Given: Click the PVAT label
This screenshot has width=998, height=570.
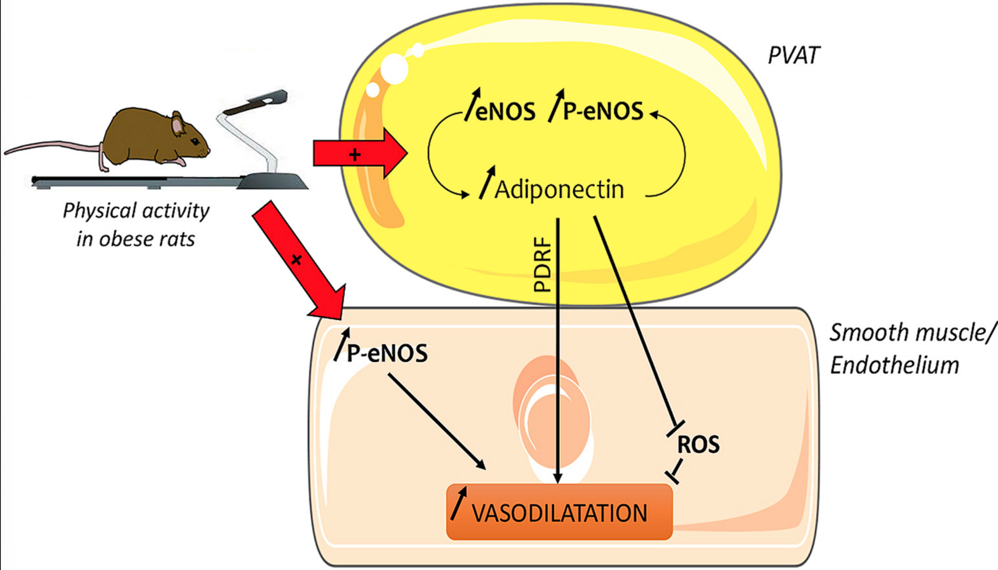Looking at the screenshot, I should [794, 55].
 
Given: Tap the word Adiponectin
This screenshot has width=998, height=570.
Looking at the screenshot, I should [559, 190].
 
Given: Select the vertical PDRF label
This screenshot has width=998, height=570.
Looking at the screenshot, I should [542, 264].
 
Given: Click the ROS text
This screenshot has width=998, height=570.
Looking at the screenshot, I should [698, 445].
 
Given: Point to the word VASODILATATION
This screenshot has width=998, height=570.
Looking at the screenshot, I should [560, 513].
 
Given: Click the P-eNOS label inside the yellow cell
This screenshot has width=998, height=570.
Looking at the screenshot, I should [603, 111].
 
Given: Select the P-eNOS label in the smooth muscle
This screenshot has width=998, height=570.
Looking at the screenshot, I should [387, 353].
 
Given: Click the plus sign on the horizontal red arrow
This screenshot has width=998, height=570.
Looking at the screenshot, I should [355, 155].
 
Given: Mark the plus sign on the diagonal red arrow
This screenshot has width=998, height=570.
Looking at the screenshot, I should [297, 260].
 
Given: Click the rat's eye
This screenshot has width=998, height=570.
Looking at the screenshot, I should [195, 142].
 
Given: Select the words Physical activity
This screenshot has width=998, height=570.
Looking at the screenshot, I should [136, 210].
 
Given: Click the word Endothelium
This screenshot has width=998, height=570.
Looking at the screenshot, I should [895, 365].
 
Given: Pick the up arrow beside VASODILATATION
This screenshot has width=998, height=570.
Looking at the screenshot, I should [459, 503].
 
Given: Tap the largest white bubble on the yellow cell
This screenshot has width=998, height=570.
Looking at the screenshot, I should [394, 69].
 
